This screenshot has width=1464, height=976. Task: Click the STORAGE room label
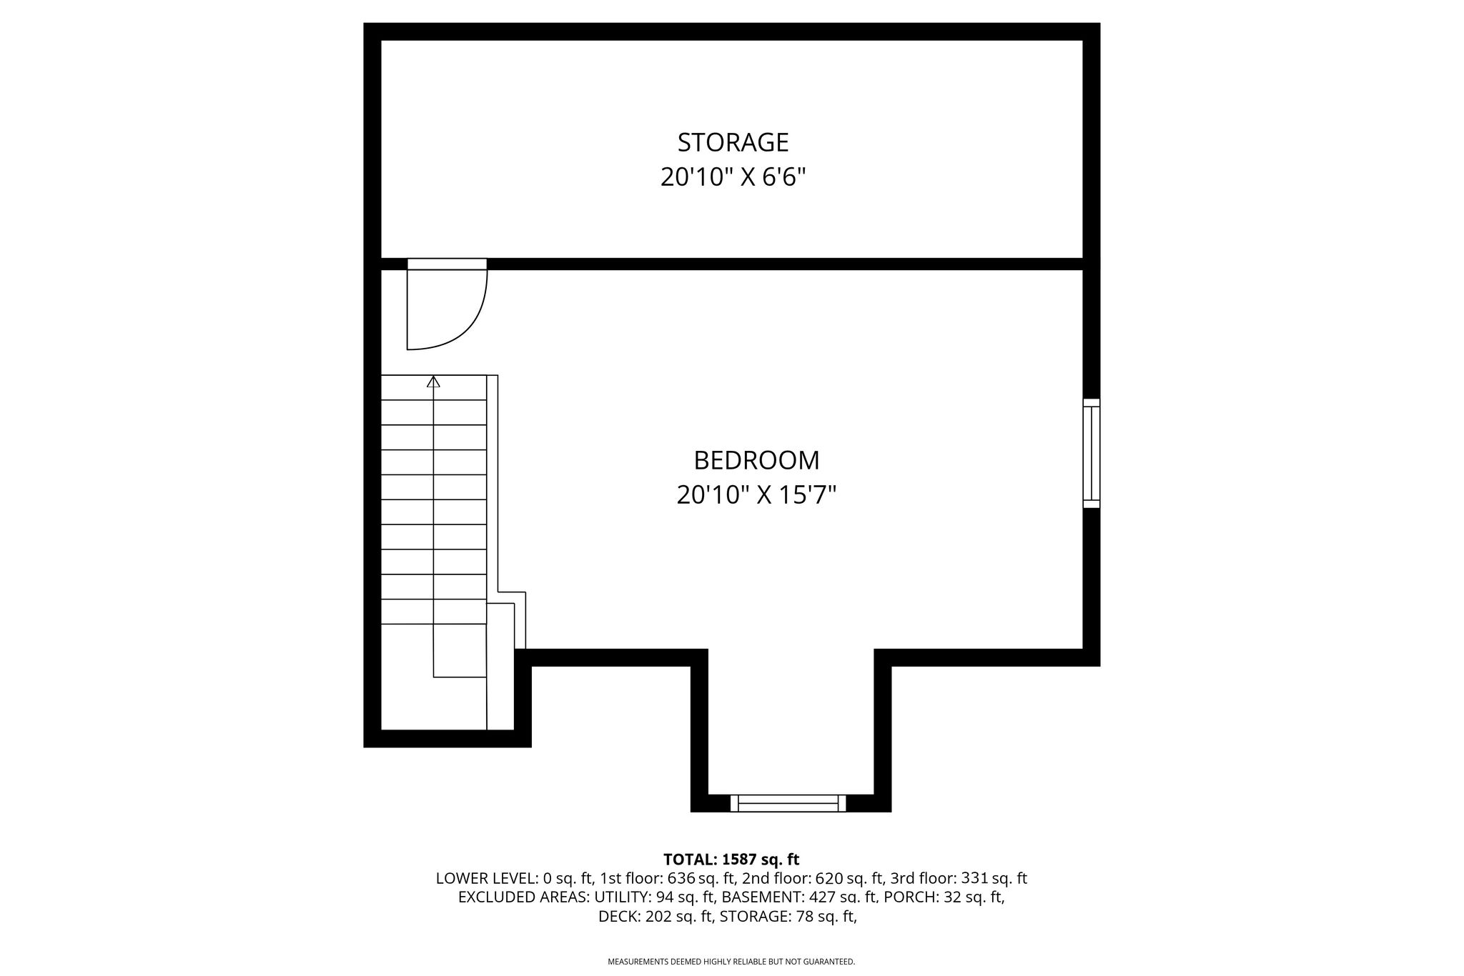tap(733, 142)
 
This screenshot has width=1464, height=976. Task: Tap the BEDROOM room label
tap(756, 460)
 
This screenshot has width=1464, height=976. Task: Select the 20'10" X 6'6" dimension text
tap(733, 176)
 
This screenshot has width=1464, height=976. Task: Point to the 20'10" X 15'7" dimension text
tap(756, 494)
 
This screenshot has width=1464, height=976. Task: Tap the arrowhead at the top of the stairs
tap(433, 382)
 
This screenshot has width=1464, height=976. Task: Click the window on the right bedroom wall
tap(1092, 453)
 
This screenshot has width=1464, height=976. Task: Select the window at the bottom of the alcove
tap(788, 803)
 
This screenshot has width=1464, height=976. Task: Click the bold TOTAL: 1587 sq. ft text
tap(731, 860)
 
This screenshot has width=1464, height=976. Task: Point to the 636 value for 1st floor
tap(681, 878)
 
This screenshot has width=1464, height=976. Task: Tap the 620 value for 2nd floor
tap(829, 878)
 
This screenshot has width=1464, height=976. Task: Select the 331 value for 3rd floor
tap(975, 878)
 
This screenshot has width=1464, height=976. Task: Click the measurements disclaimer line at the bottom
tap(731, 962)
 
